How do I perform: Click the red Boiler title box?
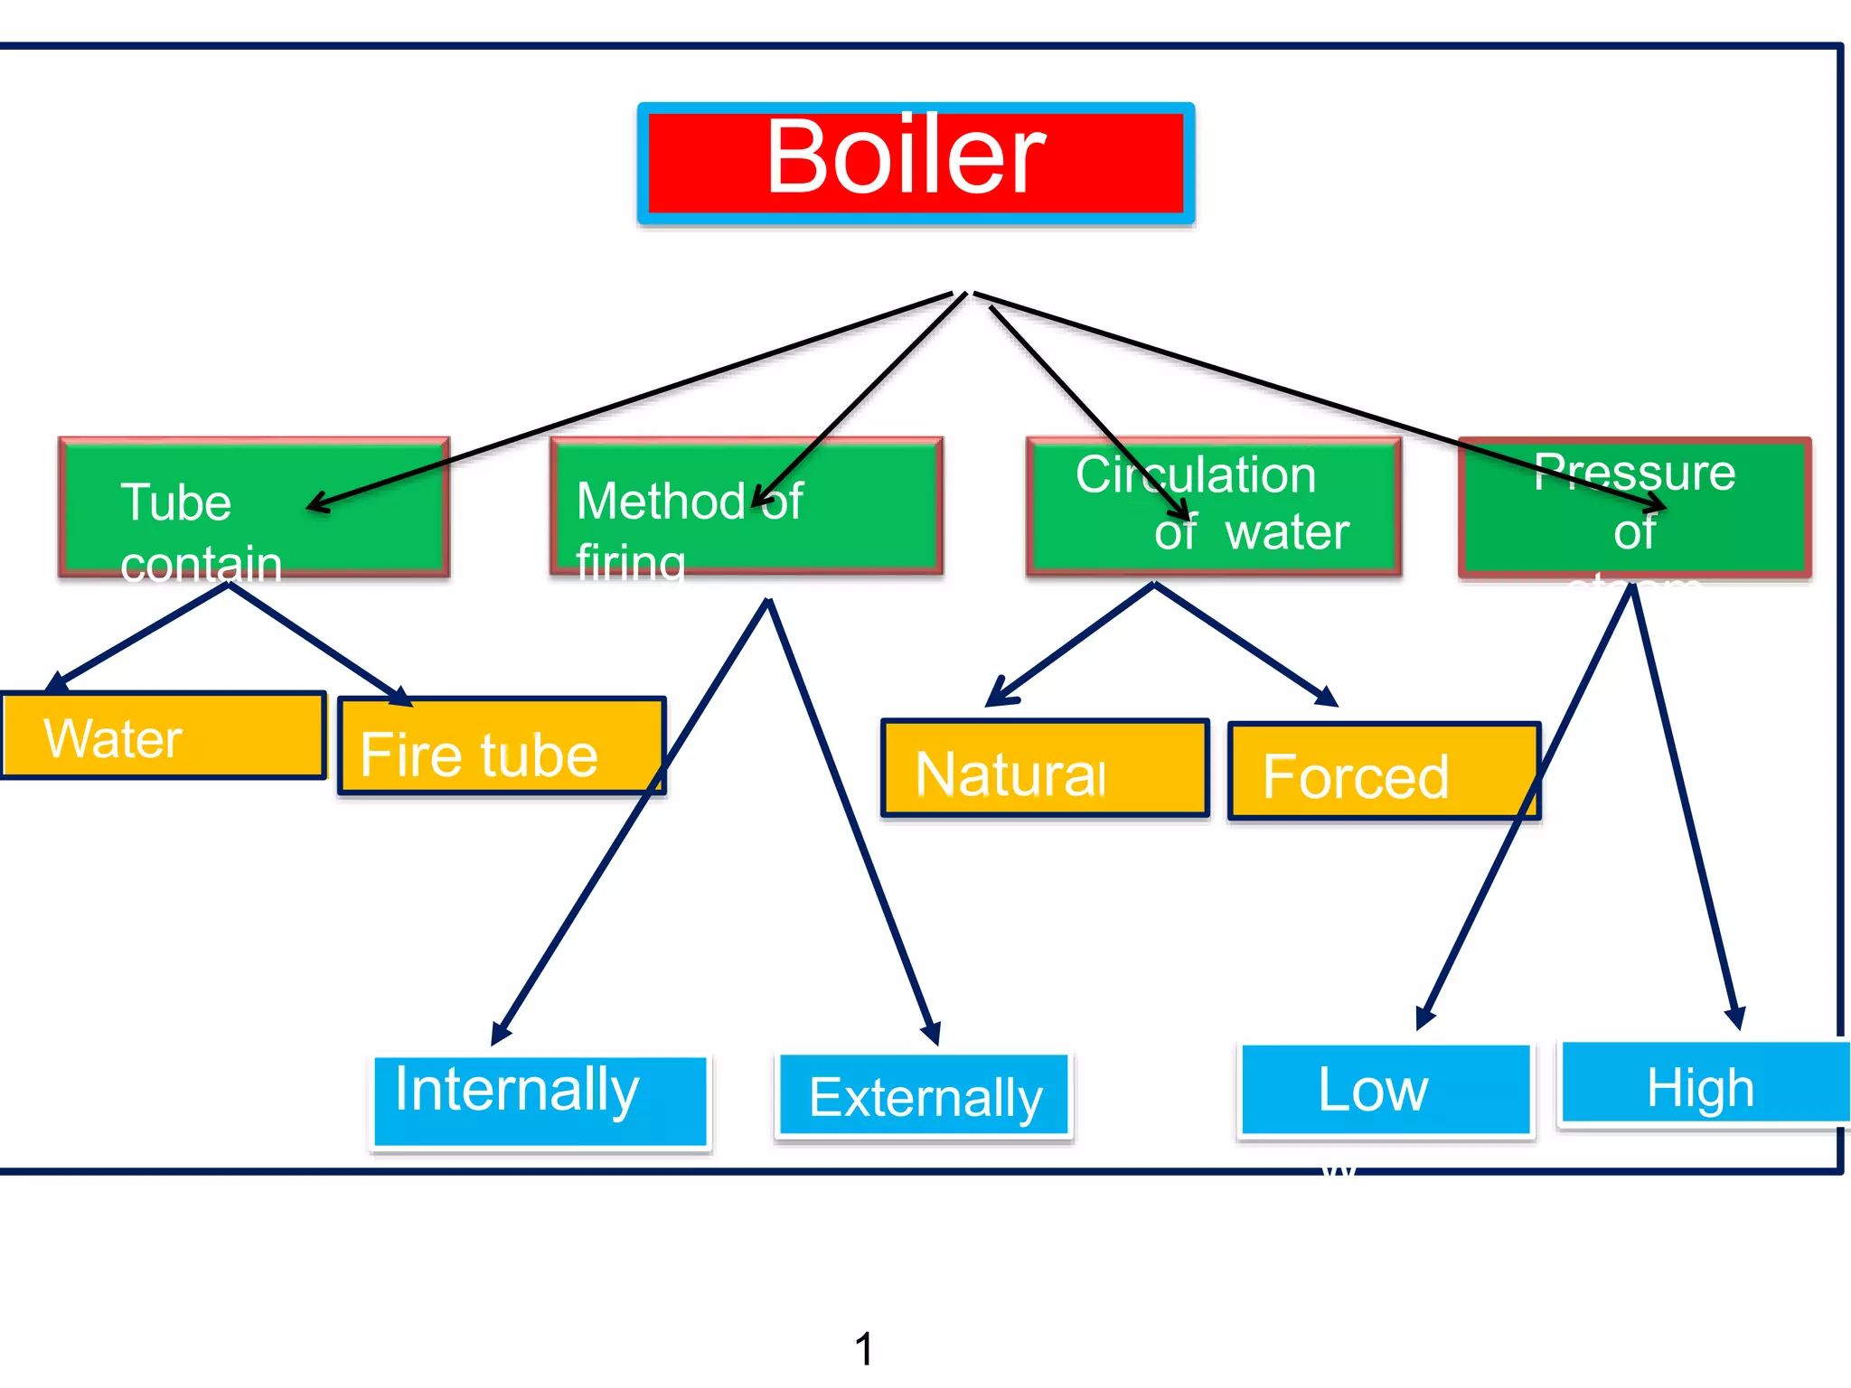click(916, 163)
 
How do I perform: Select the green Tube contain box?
click(254, 507)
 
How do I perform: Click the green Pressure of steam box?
click(1634, 507)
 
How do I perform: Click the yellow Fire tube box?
click(502, 746)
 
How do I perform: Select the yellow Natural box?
click(1045, 769)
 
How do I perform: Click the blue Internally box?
click(540, 1101)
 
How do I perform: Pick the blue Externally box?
click(924, 1095)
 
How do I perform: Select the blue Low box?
click(1386, 1090)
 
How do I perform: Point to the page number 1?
click(864, 1349)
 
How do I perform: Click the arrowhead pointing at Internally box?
click(500, 1034)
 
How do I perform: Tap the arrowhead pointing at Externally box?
click(933, 1034)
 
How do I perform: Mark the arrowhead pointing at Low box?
click(1424, 1018)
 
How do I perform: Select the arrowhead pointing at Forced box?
click(1327, 697)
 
